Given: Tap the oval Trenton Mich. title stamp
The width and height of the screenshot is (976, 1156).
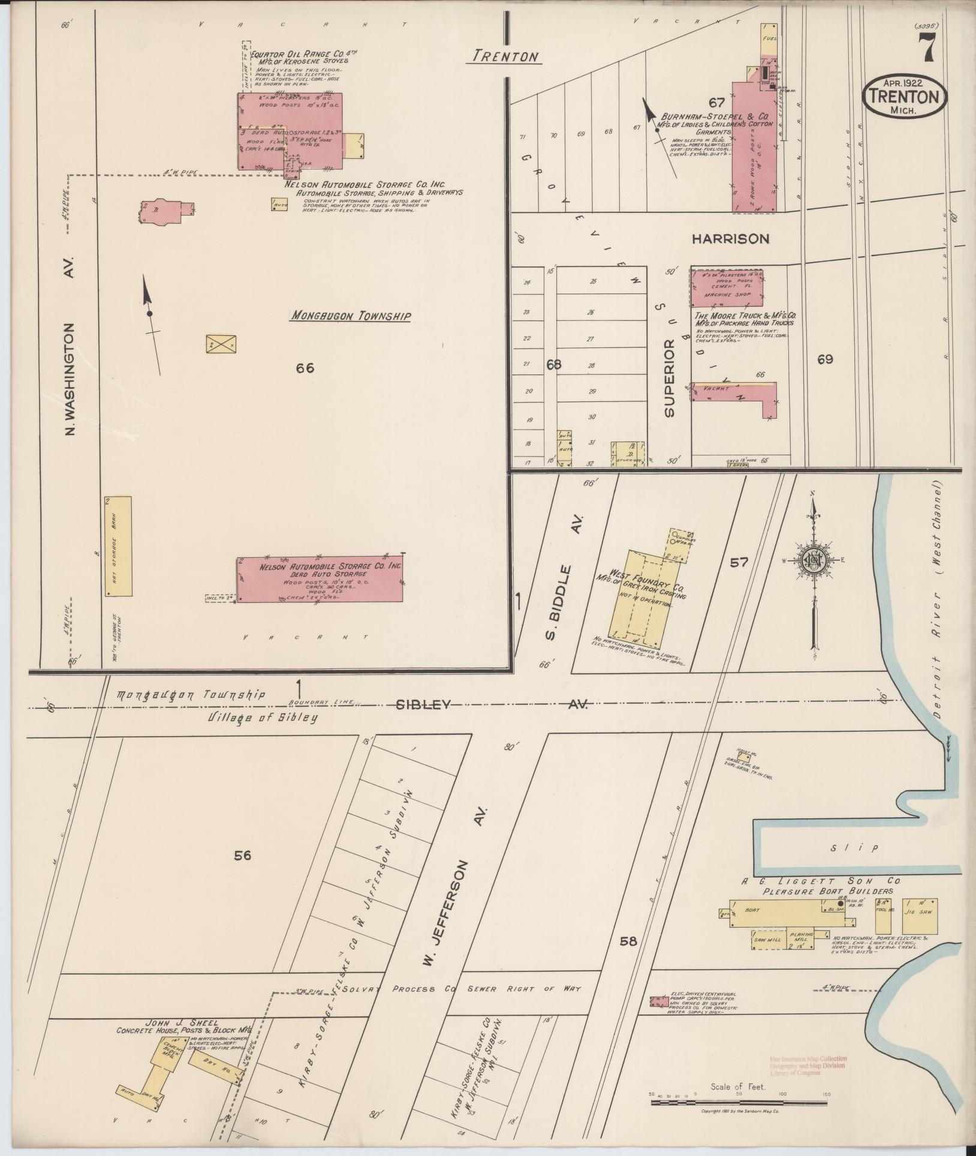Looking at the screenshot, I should tap(905, 96).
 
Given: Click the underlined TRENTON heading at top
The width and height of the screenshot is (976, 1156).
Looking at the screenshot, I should tap(504, 56).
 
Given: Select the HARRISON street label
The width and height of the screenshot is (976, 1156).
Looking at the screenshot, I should tap(730, 239).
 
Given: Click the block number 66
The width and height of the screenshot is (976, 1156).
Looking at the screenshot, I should tap(305, 368).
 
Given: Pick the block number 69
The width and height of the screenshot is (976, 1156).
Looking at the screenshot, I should tap(825, 359).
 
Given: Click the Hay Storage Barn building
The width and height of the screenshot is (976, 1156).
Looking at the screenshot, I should tap(118, 546).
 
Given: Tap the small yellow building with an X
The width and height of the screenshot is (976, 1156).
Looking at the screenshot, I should tap(221, 344).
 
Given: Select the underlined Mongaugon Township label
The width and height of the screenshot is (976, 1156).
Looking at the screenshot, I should tap(350, 316).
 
